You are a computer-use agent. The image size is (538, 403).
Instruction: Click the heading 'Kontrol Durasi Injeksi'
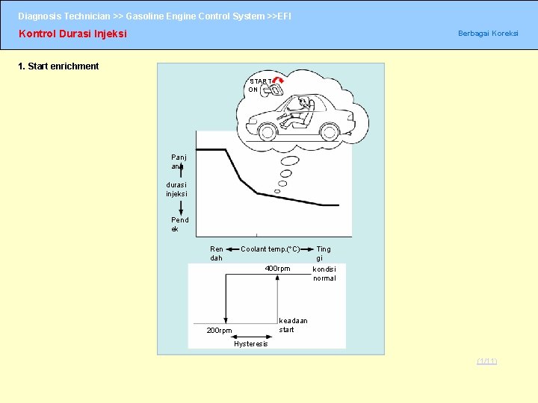point(72,34)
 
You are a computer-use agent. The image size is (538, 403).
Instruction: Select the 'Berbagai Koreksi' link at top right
point(487,34)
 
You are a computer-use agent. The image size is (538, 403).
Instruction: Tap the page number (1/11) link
point(487,362)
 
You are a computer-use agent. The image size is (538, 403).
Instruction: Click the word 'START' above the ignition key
point(261,81)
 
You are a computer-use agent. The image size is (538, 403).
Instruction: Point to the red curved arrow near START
point(278,80)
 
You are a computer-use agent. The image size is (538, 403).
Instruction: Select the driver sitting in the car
point(301,109)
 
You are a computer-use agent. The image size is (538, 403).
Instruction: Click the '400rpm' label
point(277,269)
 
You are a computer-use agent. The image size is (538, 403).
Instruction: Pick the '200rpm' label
point(219,330)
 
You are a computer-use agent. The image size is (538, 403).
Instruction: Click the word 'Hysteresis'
point(250,344)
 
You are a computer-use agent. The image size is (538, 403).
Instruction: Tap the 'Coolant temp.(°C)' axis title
point(270,249)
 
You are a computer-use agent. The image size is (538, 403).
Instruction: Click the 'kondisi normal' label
point(324,273)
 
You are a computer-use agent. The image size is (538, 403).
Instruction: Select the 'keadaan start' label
point(292,325)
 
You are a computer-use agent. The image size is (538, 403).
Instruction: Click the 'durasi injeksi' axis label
point(177,189)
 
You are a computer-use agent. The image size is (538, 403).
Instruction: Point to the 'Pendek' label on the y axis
point(179,225)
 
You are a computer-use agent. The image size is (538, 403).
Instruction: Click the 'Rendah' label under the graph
point(216,254)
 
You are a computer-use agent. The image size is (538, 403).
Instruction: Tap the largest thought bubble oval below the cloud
point(291,160)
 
